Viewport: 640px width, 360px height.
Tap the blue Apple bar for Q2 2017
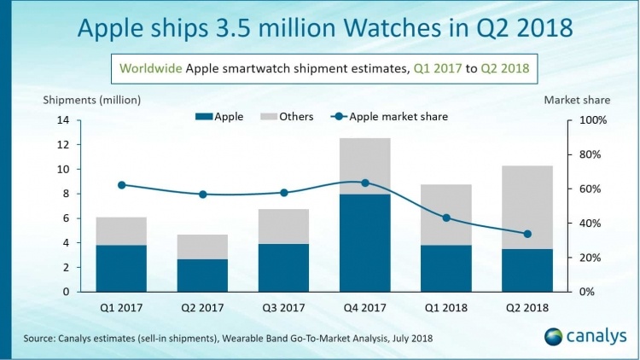coord(202,275)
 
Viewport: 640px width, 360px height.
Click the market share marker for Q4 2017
coord(365,183)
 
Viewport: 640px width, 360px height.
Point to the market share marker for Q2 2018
coord(528,234)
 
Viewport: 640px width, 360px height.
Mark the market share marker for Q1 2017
coord(121,185)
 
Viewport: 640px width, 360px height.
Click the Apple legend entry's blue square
coord(203,117)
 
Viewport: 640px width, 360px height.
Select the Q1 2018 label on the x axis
coord(446,307)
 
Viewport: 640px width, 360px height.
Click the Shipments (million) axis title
coord(92,99)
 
